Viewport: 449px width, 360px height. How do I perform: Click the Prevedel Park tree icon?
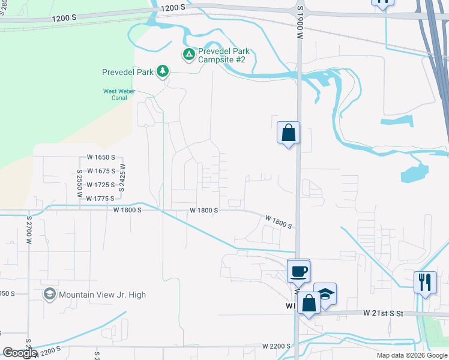(162, 72)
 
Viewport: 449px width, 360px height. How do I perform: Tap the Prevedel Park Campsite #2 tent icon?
(188, 55)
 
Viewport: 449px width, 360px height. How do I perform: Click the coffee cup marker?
(298, 271)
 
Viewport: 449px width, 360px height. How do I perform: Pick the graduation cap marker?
(325, 294)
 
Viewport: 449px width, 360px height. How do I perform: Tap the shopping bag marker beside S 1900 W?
(288, 132)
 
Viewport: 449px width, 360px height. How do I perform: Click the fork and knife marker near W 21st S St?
(425, 281)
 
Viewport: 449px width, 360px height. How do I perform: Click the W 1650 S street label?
(100, 157)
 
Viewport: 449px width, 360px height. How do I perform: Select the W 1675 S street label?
(100, 171)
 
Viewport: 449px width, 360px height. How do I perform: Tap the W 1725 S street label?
(100, 185)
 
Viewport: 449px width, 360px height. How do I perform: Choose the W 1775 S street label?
(100, 199)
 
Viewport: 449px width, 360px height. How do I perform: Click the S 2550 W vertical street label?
(79, 182)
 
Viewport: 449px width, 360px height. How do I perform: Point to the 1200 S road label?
(173, 8)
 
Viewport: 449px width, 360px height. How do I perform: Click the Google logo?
(20, 353)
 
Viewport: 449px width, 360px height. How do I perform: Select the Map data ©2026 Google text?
(412, 355)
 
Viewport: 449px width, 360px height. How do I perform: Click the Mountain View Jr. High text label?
(103, 295)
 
